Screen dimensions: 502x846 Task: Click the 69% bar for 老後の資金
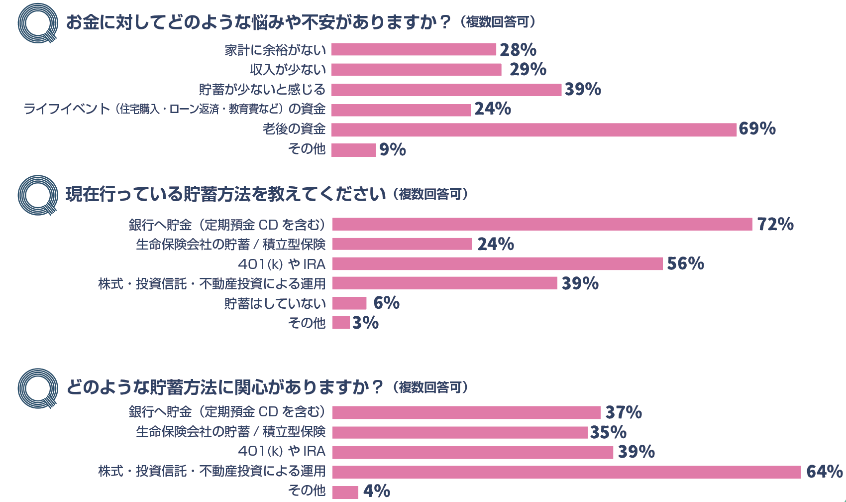click(533, 129)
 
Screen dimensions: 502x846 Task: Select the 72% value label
click(775, 224)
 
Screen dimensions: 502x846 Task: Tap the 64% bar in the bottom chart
click(566, 472)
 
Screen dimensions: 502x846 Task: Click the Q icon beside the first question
click(38, 23)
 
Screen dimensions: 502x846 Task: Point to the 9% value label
click(392, 149)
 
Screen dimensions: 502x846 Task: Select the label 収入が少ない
click(288, 70)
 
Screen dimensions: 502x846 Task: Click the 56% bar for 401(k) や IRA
click(498, 263)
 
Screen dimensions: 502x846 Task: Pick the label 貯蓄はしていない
click(275, 303)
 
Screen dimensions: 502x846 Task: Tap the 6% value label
click(386, 303)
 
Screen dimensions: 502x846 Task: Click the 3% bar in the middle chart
click(341, 323)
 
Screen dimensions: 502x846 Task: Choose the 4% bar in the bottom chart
click(345, 492)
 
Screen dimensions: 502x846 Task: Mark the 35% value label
click(608, 432)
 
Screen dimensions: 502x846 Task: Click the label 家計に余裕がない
click(275, 50)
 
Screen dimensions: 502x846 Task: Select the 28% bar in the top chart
click(414, 49)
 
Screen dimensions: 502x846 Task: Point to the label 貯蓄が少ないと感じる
click(262, 90)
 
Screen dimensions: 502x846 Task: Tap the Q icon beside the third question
click(38, 388)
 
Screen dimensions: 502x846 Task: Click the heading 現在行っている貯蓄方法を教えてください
click(225, 194)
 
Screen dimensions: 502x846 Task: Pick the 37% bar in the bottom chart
click(466, 412)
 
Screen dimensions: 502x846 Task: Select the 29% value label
click(528, 69)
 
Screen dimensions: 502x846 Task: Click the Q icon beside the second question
click(38, 195)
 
